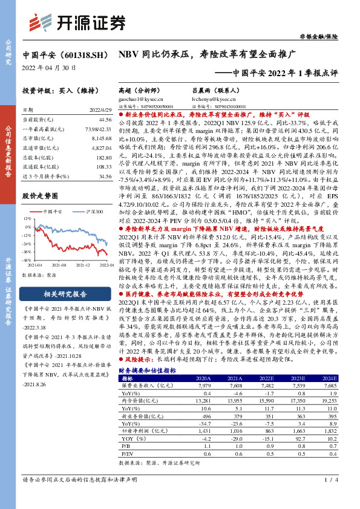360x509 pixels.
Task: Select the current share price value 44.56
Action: coord(105,120)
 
